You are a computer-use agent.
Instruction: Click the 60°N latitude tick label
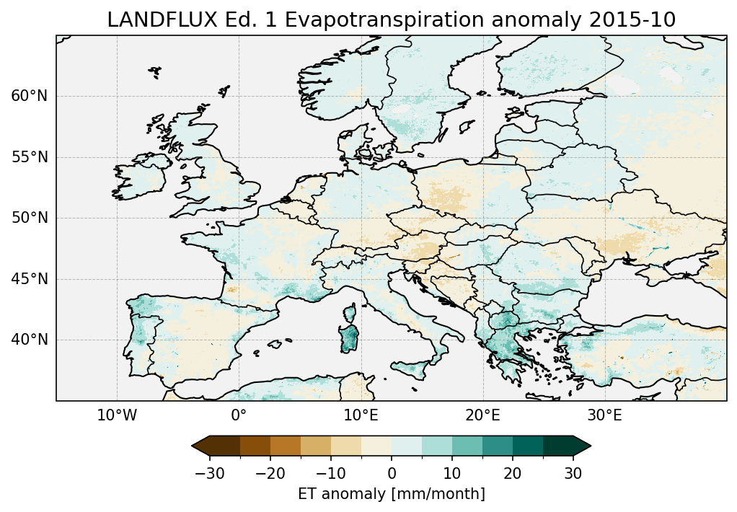click(29, 96)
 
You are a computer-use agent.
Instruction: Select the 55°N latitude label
click(29, 157)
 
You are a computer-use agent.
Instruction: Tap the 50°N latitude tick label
click(29, 218)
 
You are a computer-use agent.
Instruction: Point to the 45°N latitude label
click(29, 279)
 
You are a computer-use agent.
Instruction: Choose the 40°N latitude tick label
click(29, 340)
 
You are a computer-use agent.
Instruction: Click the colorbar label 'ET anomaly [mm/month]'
click(391, 494)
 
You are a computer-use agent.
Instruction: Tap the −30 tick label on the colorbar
click(210, 473)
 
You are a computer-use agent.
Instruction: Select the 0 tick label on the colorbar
click(392, 473)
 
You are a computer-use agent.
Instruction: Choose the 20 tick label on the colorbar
click(513, 473)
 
